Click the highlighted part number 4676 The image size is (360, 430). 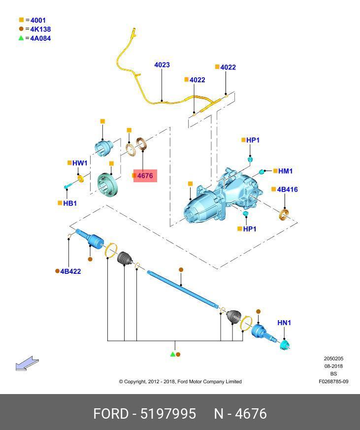click(145, 175)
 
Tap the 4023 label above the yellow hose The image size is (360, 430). click(162, 65)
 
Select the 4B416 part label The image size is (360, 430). click(287, 190)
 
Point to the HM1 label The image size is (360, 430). click(285, 171)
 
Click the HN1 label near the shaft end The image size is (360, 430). click(284, 323)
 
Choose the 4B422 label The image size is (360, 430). click(70, 271)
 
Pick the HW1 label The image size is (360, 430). click(79, 163)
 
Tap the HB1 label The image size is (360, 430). click(70, 203)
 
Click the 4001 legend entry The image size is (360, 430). click(37, 20)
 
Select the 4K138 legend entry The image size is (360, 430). click(40, 29)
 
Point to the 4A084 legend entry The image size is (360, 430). click(40, 38)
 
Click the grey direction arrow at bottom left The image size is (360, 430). click(27, 364)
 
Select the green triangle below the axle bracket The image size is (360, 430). click(172, 354)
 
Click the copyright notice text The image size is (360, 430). click(180, 382)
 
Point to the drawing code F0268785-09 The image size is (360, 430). click(333, 382)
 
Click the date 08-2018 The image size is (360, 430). click(333, 366)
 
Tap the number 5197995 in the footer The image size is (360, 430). click(168, 413)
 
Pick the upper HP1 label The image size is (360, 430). click(253, 140)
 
